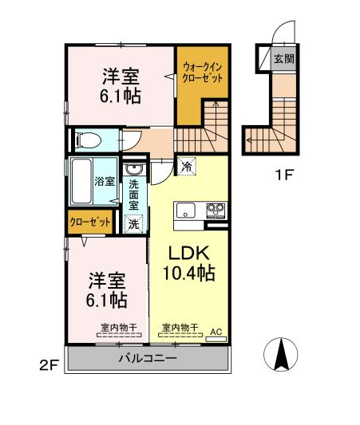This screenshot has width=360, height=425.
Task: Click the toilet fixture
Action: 88,140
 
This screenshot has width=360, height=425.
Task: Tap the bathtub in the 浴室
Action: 81,181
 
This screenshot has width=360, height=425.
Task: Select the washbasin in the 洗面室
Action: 133,170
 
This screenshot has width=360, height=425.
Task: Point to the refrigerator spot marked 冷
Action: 187,166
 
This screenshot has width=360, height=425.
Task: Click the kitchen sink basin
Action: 185,211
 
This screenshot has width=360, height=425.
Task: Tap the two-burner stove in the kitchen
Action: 216,211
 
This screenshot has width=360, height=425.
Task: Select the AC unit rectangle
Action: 216,339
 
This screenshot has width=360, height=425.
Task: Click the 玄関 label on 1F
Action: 284,58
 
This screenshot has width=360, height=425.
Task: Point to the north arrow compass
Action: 281,354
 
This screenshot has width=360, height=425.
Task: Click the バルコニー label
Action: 148,359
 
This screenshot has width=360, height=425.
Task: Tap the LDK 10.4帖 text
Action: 189,263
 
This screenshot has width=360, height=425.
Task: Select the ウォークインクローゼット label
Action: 203,73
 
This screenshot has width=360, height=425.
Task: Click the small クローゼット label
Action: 90,222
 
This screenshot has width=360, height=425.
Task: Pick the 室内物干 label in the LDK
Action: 180,328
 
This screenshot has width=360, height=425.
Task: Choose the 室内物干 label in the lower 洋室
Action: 119,328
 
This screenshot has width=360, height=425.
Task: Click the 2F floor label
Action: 49,366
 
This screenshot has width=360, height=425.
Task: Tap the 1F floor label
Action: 284,175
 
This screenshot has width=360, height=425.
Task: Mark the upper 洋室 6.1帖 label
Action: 121,86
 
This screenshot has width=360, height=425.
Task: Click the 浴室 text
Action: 105,181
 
